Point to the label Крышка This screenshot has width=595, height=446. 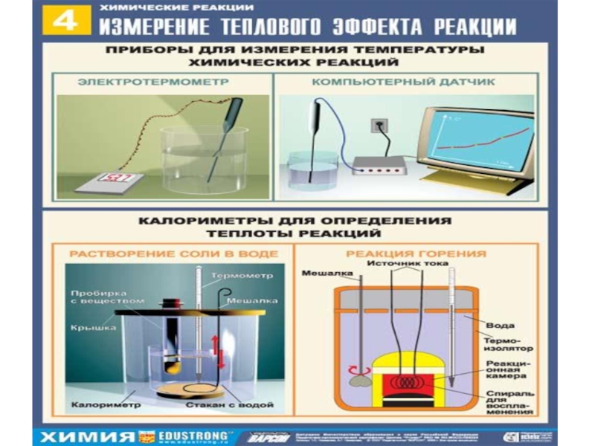pos(88,326)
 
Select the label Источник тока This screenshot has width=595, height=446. pos(402,262)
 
